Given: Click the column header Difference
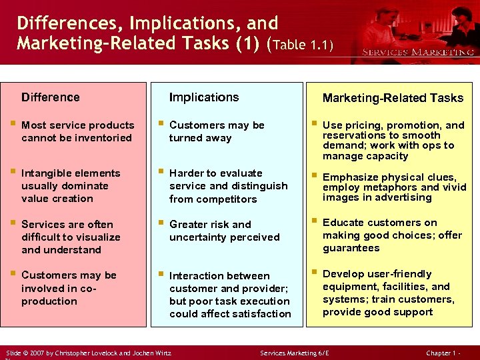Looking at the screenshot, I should click(50, 97).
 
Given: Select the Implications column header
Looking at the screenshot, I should click(203, 97).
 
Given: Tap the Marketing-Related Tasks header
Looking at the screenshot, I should click(393, 98).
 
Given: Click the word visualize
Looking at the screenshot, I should click(93, 237).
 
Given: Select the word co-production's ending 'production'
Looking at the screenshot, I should click(49, 301).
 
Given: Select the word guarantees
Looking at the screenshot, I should click(351, 248).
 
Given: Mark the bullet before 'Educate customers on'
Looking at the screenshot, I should click(312, 222).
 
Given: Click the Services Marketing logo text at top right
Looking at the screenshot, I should click(418, 52).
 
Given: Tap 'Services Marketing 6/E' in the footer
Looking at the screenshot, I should click(295, 352).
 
